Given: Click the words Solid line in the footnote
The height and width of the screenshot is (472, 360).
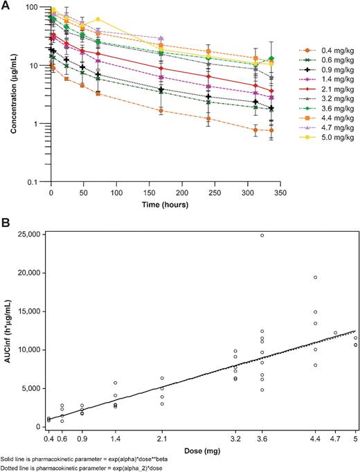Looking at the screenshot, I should tap(15, 459).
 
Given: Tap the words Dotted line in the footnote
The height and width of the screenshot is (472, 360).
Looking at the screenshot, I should tap(16, 468).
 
